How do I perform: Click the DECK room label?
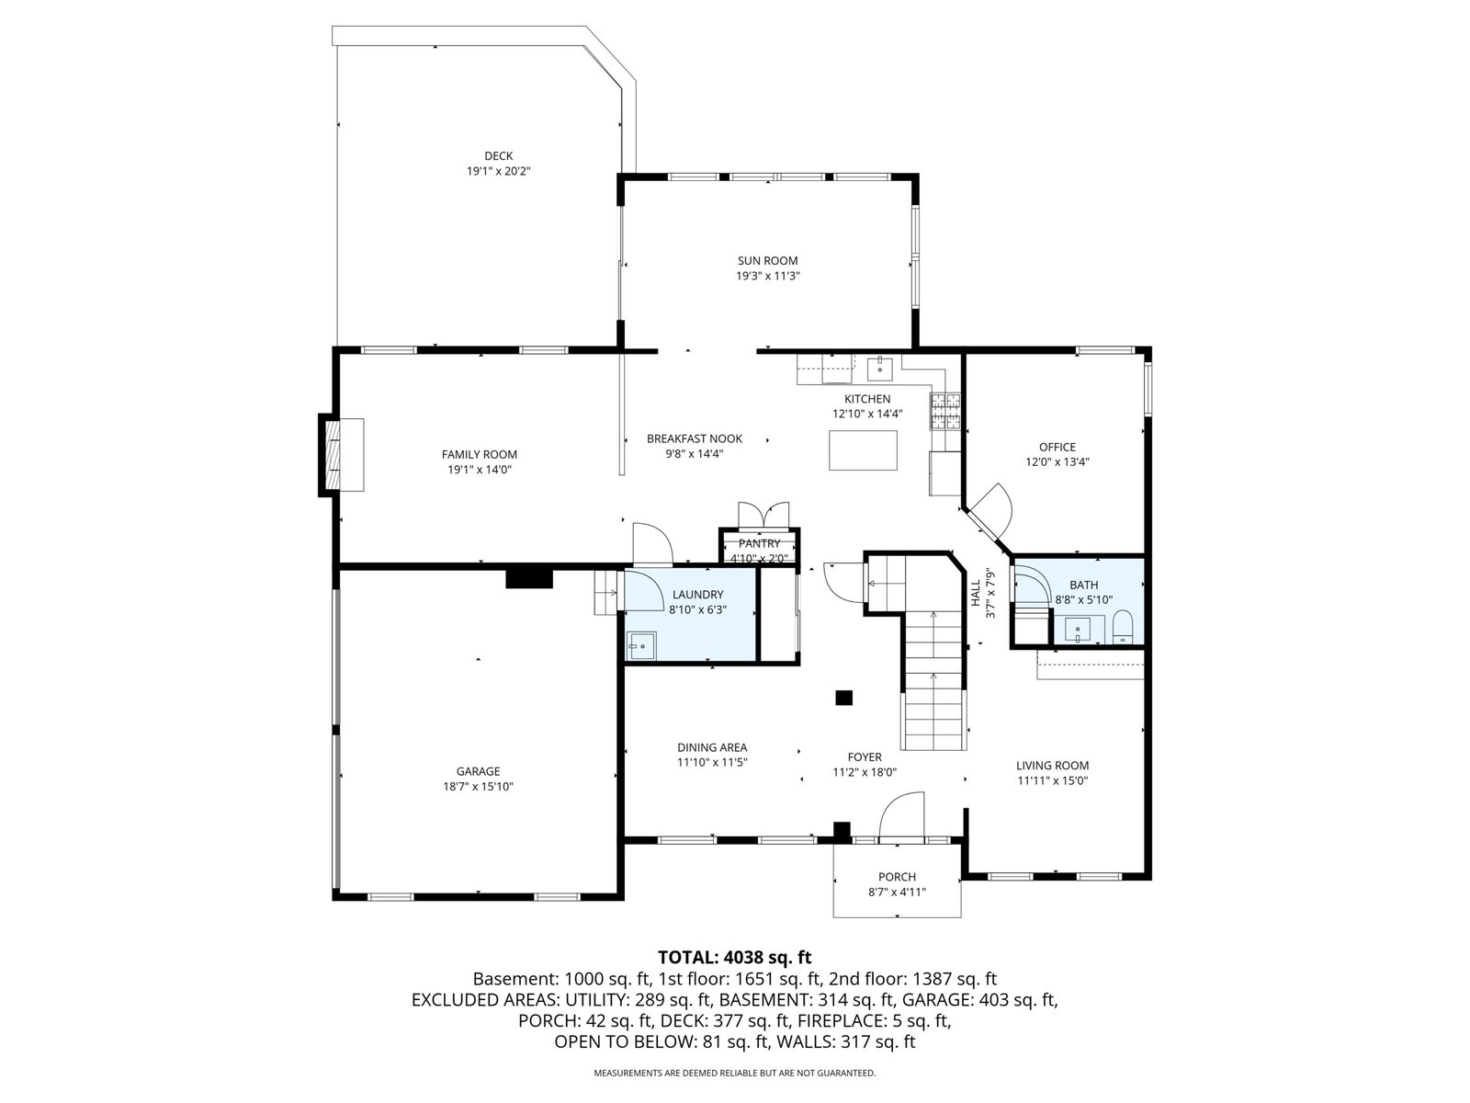(498, 156)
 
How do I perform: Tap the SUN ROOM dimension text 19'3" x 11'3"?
(768, 276)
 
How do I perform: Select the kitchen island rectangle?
(863, 450)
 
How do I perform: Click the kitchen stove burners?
(945, 411)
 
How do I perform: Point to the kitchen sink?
(879, 369)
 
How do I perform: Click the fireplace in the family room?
(343, 455)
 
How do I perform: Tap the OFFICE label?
(1057, 447)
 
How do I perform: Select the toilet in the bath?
(1123, 627)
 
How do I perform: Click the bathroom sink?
(1078, 631)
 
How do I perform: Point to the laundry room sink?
(642, 645)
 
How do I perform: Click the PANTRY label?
(760, 543)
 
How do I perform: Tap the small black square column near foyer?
(843, 697)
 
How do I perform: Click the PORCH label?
(897, 877)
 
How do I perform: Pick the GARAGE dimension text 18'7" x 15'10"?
(478, 786)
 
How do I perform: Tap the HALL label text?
(975, 594)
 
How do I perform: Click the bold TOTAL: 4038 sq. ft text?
(735, 957)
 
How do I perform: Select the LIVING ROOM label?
(1052, 766)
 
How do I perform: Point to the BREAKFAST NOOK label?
(695, 438)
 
